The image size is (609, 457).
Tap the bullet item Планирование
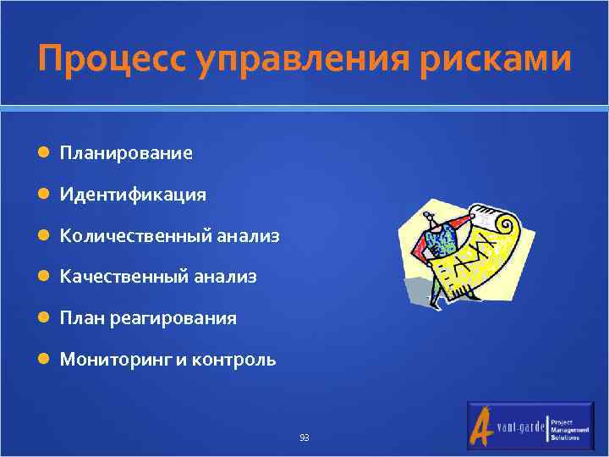[126, 153]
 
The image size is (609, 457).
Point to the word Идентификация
[133, 195]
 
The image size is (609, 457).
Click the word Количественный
[132, 236]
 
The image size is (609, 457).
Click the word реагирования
[189, 318]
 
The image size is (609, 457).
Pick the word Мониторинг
[116, 360]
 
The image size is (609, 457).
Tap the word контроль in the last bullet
[234, 360]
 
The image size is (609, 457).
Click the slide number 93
[304, 438]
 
